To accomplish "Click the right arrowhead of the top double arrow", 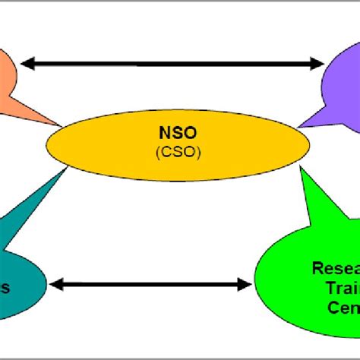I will tap(319, 64).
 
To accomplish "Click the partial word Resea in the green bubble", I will tap(335, 267).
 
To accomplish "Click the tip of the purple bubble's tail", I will tap(298, 126).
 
